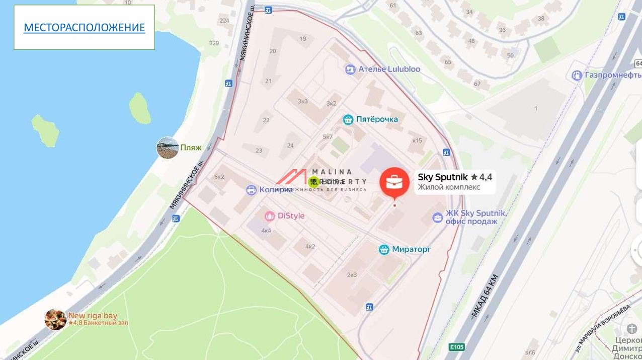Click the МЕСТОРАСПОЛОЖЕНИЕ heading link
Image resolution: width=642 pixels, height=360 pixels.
click(84, 28)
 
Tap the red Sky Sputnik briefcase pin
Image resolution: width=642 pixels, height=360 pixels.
click(394, 182)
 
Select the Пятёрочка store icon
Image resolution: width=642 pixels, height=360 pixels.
click(348, 119)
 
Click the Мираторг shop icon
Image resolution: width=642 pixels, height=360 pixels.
click(384, 249)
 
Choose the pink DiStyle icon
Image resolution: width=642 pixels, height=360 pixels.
click(270, 216)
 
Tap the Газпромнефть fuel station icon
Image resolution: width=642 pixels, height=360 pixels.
click(577, 76)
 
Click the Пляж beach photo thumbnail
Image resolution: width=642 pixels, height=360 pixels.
click(168, 148)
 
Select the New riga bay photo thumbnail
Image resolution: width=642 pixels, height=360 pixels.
click(55, 319)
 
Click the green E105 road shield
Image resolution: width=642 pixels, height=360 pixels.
click(457, 347)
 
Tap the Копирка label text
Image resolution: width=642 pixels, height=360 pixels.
click(276, 190)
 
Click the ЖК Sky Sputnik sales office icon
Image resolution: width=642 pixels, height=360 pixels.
click(438, 218)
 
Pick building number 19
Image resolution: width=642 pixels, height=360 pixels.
click(302, 39)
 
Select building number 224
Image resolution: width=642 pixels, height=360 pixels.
click(224, 21)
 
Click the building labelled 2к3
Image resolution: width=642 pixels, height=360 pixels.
click(352, 274)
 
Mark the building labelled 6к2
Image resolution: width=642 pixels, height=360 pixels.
click(219, 177)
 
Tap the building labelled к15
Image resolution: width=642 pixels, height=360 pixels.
click(417, 140)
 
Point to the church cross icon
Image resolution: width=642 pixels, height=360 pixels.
click(632, 329)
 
